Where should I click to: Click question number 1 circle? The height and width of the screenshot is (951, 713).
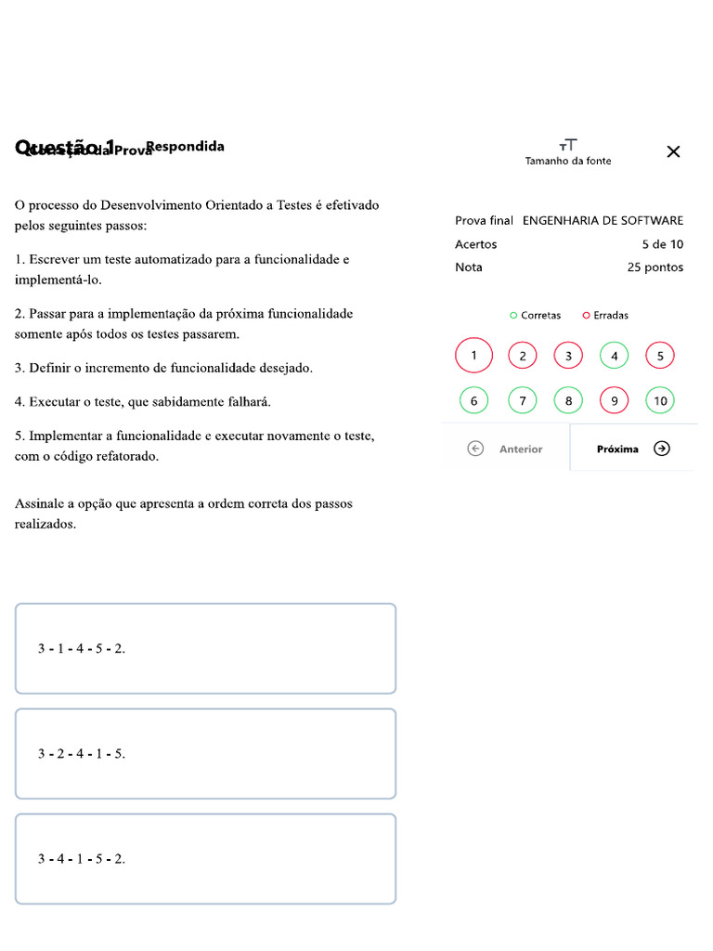click(474, 356)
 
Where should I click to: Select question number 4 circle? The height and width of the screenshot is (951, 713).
click(614, 356)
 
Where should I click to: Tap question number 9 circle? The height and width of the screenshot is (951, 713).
click(614, 401)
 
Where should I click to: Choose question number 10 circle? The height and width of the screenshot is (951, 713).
click(660, 401)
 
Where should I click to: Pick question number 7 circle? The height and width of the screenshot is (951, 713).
click(523, 401)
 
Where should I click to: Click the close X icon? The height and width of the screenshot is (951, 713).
click(674, 151)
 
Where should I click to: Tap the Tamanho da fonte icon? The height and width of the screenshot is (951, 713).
click(568, 145)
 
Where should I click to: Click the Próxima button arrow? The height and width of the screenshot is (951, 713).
click(661, 449)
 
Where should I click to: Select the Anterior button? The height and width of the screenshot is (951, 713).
click(507, 449)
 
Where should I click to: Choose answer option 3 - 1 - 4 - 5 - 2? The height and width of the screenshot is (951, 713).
click(205, 648)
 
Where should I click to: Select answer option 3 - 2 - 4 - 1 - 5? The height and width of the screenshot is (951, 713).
click(205, 753)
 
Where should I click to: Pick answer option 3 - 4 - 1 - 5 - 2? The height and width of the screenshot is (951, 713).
click(205, 859)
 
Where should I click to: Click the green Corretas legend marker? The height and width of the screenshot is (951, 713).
click(513, 316)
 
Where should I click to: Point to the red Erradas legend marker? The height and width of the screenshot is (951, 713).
click(586, 316)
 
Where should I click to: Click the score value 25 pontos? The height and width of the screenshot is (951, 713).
click(655, 267)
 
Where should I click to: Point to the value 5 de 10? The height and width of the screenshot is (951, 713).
click(662, 244)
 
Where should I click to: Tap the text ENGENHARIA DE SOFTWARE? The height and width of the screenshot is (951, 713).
click(603, 221)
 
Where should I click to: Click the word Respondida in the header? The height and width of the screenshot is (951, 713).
click(185, 147)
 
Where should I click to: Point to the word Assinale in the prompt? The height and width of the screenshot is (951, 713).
click(40, 504)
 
